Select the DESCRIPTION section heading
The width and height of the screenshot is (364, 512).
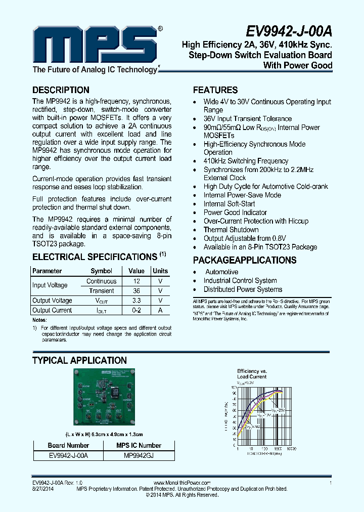pyautogui.click(x=61, y=90)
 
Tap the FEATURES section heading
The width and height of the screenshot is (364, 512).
pyautogui.click(x=215, y=90)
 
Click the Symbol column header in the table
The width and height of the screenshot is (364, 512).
pyautogui.click(x=101, y=271)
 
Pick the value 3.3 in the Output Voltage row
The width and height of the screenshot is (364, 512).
pyautogui.click(x=136, y=301)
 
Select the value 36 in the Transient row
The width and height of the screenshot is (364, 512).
pyautogui.click(x=136, y=291)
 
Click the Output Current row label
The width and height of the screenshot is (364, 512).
pyautogui.click(x=52, y=310)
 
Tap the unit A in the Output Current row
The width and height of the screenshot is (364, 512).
pyautogui.click(x=160, y=310)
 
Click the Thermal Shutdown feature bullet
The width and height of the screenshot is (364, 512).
pyautogui.click(x=231, y=230)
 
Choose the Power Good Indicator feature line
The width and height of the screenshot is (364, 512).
pyautogui.click(x=235, y=212)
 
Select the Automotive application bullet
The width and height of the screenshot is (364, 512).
pyautogui.click(x=221, y=272)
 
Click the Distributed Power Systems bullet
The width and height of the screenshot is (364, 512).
pyautogui.click(x=243, y=289)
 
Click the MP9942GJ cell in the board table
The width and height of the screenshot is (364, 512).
pyautogui.click(x=139, y=455)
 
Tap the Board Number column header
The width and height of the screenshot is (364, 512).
pyautogui.click(x=68, y=446)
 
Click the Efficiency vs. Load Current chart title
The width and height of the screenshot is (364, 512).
pyautogui.click(x=252, y=374)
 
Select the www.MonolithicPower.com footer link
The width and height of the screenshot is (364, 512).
pyautogui.click(x=181, y=483)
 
